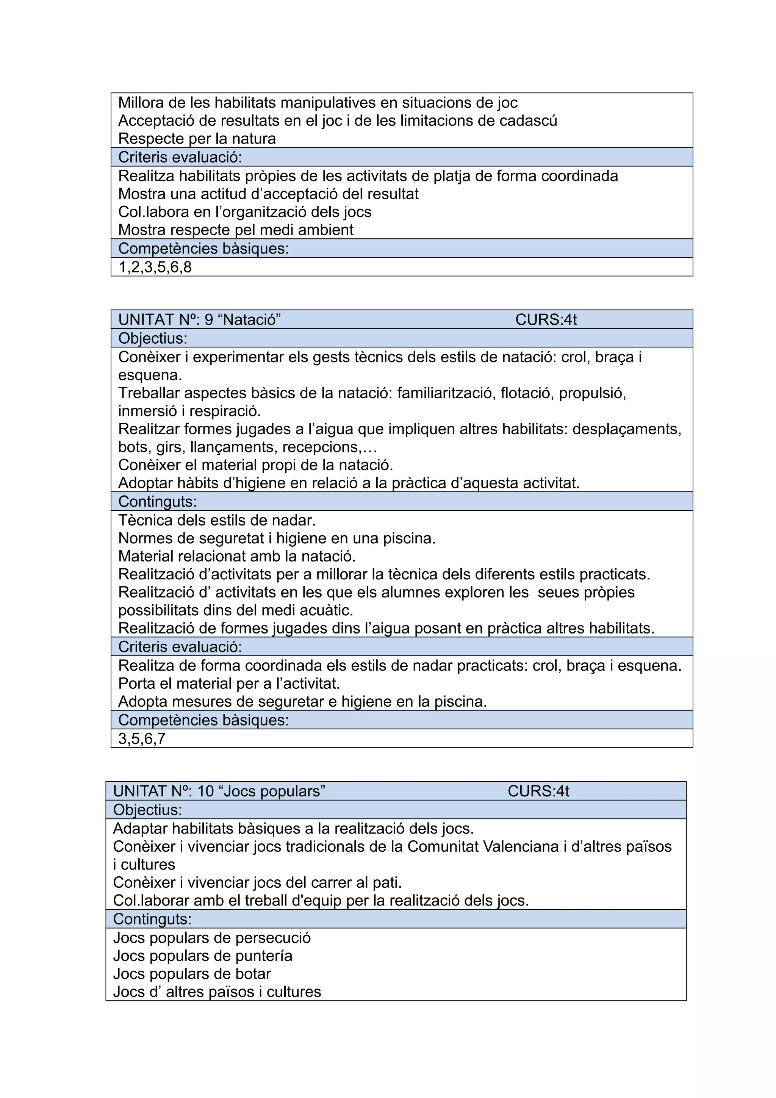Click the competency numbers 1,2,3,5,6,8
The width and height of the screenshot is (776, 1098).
[x=155, y=267]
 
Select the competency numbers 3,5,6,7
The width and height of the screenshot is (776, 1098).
[x=142, y=738]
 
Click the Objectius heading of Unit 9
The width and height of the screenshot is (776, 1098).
[x=153, y=338]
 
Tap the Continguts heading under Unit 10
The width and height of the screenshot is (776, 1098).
[x=152, y=919]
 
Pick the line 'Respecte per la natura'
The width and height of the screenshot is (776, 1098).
[x=197, y=139]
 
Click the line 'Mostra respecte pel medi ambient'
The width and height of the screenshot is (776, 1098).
[x=236, y=230]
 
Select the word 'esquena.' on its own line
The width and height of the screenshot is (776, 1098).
[x=150, y=375]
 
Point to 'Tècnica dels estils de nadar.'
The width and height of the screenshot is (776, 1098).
[x=217, y=520]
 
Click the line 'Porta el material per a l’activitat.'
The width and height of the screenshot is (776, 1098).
[x=229, y=684]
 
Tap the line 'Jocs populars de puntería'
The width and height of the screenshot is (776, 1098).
[x=203, y=956]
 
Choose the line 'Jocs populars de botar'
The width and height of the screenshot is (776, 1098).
[x=192, y=974]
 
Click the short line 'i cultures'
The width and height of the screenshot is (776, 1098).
[x=144, y=865]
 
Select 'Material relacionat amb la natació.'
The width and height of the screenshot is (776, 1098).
[x=237, y=556]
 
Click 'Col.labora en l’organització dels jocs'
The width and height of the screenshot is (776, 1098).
[x=245, y=212]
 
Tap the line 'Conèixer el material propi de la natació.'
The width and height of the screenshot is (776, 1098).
[x=255, y=465]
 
